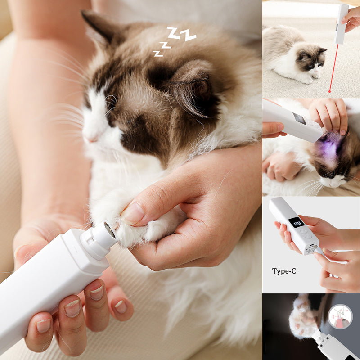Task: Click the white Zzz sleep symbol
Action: click(x=175, y=41)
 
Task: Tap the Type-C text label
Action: click(x=284, y=271)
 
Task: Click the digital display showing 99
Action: click(x=297, y=222)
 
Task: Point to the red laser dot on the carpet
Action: click(x=330, y=92)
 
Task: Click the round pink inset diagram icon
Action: click(x=340, y=317)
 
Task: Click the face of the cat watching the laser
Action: click(x=311, y=61)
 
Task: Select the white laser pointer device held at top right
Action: click(x=341, y=24)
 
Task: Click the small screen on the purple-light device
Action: click(x=300, y=118)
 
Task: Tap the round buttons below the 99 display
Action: click(x=306, y=233)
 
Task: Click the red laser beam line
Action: click(x=334, y=68)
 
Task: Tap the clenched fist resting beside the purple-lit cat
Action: click(x=280, y=166)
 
